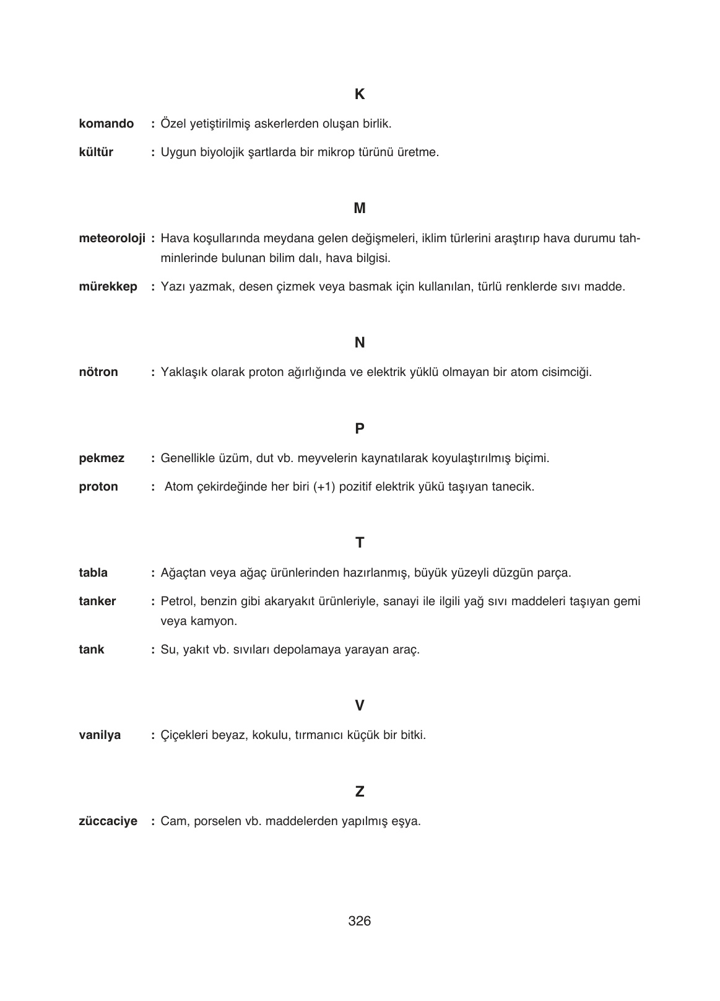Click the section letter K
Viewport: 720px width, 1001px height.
click(360, 95)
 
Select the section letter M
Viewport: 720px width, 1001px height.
click(360, 209)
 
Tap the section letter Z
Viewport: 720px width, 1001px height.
click(360, 792)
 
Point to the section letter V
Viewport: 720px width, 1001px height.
click(360, 706)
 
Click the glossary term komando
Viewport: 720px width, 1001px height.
click(106, 124)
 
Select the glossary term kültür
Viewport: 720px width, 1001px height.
click(96, 152)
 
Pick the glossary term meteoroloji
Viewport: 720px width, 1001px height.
click(112, 238)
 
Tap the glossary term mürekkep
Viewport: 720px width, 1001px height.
click(108, 287)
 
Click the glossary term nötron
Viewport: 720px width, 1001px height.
click(98, 372)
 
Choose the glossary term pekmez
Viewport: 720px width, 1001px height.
click(102, 458)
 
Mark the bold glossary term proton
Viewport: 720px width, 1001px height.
click(98, 487)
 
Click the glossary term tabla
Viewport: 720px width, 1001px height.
click(93, 573)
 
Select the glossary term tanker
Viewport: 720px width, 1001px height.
click(97, 601)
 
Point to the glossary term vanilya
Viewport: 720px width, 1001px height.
click(100, 736)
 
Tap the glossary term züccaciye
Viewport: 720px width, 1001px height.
click(108, 822)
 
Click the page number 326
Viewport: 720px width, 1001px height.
click(360, 921)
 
